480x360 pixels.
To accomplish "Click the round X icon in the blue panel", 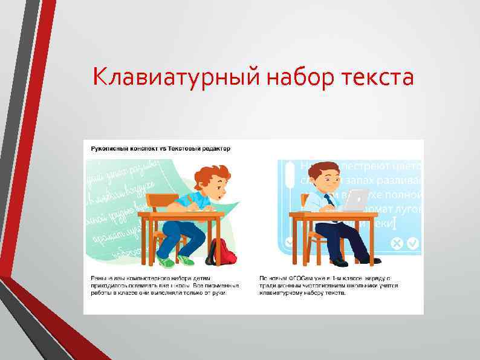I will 396,243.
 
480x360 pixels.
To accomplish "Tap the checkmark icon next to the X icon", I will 413,243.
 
